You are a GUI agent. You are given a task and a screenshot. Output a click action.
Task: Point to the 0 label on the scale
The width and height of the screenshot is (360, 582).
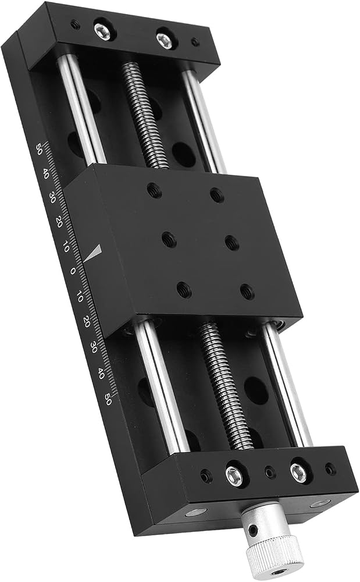72,271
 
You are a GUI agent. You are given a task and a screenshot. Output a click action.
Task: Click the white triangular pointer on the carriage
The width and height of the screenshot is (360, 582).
93,253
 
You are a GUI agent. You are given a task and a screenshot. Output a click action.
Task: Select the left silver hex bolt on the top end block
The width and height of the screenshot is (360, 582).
102,32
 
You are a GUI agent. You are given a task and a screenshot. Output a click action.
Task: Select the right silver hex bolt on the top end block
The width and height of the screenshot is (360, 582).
164,41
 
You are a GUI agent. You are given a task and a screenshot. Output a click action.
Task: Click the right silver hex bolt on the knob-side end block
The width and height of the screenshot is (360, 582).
298,473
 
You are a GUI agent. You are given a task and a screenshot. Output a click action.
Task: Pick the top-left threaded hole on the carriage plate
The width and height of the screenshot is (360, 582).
154,190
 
